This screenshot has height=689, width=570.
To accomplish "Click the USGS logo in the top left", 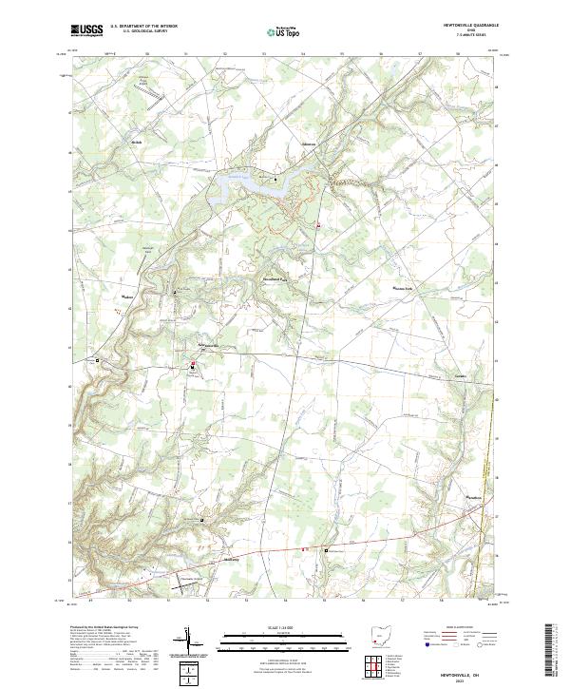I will [87, 31].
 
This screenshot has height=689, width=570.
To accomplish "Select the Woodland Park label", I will [275, 278].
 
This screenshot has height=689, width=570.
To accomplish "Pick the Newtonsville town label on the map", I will [208, 344].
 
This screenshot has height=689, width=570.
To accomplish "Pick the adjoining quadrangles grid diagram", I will [377, 667].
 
